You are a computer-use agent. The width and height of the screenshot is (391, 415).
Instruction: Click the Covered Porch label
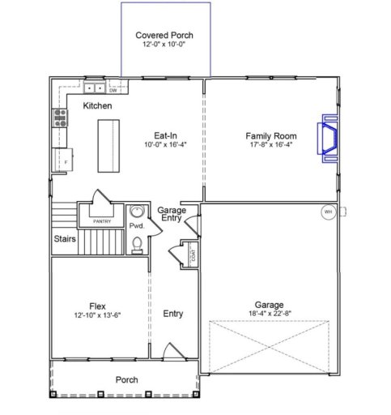click(164, 36)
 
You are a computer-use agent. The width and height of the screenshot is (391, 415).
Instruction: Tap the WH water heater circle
click(328, 212)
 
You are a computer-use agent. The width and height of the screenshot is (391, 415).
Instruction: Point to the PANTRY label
click(101, 220)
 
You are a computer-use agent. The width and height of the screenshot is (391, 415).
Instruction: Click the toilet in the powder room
click(137, 242)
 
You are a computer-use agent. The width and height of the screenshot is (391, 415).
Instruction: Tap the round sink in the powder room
click(137, 213)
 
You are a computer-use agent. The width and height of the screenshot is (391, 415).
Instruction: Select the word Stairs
click(66, 239)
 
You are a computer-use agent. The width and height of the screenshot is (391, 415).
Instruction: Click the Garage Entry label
click(172, 215)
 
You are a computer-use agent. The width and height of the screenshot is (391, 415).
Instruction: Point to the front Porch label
click(125, 379)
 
